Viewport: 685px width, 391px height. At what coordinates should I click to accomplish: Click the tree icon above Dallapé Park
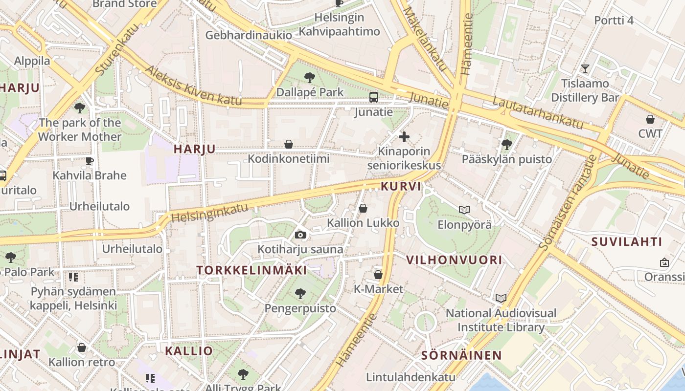click(x=309, y=77)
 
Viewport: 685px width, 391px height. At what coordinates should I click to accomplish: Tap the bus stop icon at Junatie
click(x=374, y=97)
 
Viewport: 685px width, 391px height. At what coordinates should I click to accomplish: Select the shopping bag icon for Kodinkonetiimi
click(x=289, y=144)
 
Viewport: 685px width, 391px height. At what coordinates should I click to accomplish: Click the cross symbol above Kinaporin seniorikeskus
click(x=404, y=136)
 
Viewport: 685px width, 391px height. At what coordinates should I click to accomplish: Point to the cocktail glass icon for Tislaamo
click(x=585, y=68)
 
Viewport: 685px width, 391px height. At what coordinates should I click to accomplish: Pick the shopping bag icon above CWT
click(x=650, y=119)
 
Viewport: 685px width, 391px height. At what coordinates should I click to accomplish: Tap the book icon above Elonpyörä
click(x=464, y=210)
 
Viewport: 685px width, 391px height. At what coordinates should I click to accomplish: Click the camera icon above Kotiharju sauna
click(x=300, y=235)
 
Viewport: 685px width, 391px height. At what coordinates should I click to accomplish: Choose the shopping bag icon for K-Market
click(x=378, y=275)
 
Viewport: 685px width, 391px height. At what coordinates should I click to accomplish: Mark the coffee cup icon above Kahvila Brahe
click(x=90, y=161)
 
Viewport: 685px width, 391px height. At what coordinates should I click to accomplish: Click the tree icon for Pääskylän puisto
click(x=507, y=145)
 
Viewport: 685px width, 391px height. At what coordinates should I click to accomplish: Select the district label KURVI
click(x=401, y=187)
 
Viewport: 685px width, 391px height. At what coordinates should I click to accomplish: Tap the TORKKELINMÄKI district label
click(x=251, y=270)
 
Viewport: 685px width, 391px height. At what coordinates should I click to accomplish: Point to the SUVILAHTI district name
click(x=626, y=241)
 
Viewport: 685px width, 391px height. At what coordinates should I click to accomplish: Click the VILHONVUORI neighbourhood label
click(x=454, y=260)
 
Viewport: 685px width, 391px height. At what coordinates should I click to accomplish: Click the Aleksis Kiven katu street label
click(x=193, y=86)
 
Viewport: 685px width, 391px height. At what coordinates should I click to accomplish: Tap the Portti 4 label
click(x=614, y=20)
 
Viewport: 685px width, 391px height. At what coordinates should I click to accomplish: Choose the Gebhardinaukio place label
click(x=249, y=35)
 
